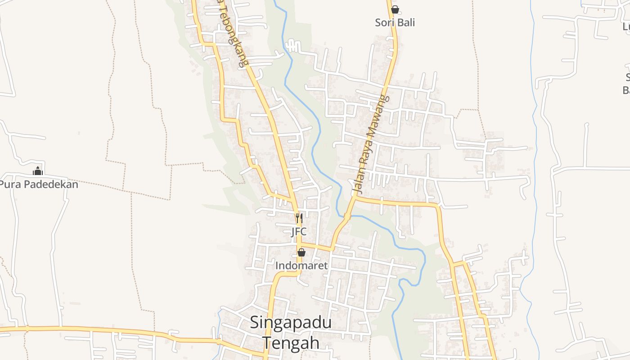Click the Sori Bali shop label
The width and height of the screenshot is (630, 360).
point(395,22)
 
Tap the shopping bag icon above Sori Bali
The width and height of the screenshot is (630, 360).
point(395,9)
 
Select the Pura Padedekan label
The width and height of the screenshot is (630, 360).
point(39,184)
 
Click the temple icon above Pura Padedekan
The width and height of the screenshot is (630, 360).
point(38,171)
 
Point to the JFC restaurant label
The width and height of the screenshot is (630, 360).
point(299,232)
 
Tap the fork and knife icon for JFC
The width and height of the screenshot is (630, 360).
point(299,219)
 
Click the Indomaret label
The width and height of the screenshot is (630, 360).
point(301,265)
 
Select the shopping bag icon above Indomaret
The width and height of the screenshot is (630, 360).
point(301,253)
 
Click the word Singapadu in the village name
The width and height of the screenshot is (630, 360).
point(291,322)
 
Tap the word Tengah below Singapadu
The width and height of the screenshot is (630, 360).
point(291,342)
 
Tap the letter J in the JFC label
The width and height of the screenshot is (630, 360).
point(293,232)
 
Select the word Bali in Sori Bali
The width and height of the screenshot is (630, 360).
point(406,22)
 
